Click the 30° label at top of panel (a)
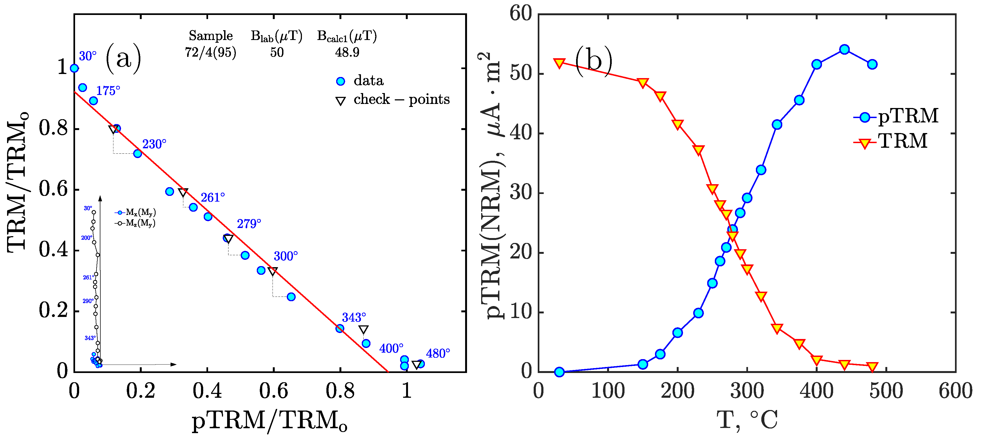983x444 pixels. point(87,56)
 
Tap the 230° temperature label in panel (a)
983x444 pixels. point(154,144)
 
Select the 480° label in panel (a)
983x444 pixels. point(438,353)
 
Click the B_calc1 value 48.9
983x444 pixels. point(347,52)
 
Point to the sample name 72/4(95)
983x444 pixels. point(210,52)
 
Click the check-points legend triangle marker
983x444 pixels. point(340,101)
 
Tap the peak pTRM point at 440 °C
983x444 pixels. point(844,50)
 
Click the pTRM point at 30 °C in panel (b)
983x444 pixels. point(559,372)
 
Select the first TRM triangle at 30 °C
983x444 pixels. point(559,63)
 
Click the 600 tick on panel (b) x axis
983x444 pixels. point(955,391)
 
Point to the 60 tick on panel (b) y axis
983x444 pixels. point(521,14)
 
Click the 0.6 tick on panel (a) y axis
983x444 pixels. point(53,189)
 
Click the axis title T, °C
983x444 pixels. point(747,420)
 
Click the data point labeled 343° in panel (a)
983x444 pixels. point(340,328)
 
